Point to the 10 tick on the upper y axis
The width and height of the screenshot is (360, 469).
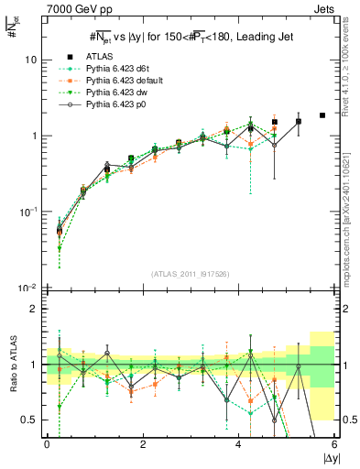coord(32,60)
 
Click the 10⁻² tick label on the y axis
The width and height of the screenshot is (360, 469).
coord(29,289)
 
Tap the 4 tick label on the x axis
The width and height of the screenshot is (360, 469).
coord(239,444)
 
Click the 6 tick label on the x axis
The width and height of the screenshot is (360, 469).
coord(335,444)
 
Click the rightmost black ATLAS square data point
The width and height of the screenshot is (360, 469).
coord(322,115)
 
